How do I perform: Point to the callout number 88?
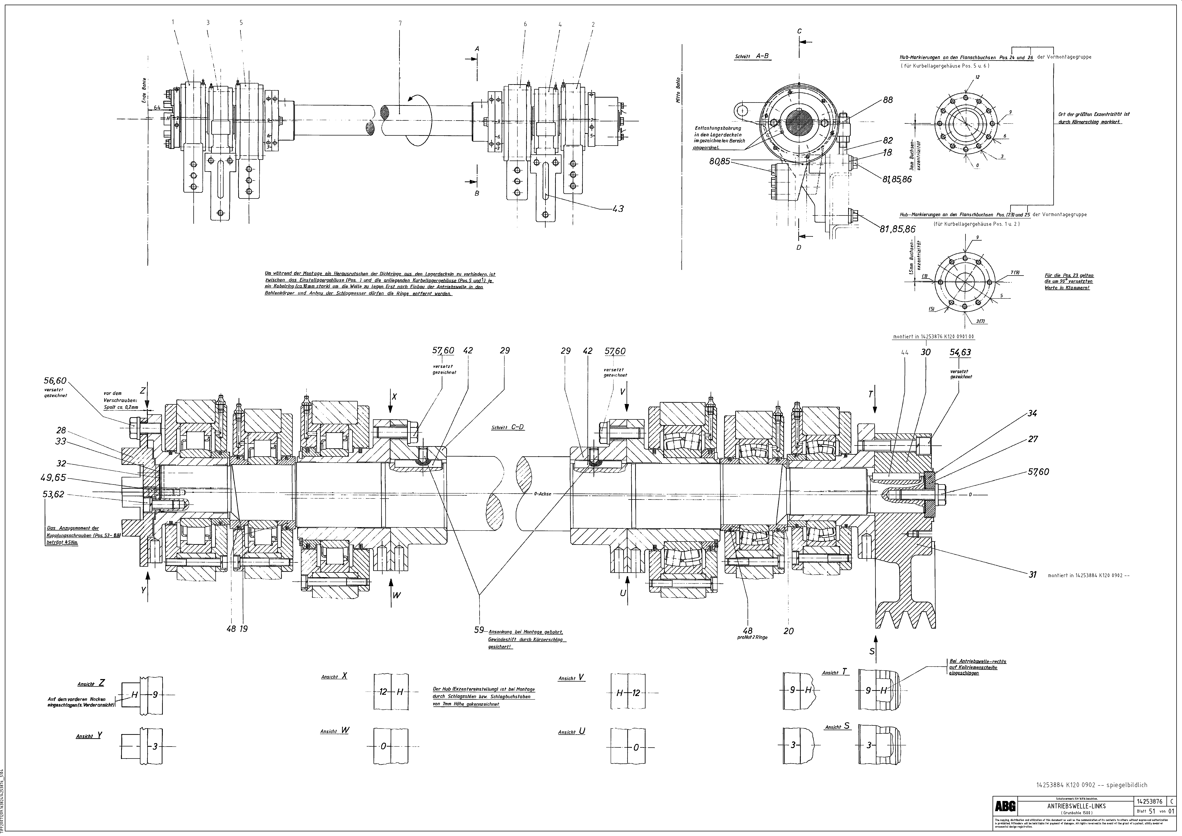click(887, 100)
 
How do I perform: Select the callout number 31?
click(1032, 575)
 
